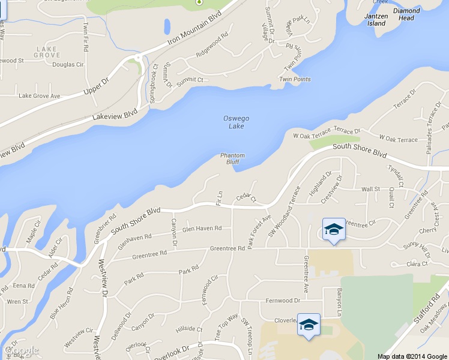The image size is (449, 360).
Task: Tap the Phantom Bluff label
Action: [x=232, y=158]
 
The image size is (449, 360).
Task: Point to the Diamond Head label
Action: [x=406, y=14]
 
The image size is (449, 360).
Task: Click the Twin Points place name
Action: [x=295, y=79]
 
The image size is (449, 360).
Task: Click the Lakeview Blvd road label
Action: [x=115, y=114]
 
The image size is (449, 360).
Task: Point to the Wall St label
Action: [x=370, y=189]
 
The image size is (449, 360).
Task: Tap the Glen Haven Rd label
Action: [x=202, y=229]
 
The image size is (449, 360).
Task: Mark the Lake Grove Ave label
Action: [x=40, y=95]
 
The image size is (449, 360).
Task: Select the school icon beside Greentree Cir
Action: [x=334, y=230]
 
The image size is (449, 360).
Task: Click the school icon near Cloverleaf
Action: [x=309, y=325]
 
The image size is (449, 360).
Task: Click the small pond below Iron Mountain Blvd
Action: [x=167, y=26]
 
